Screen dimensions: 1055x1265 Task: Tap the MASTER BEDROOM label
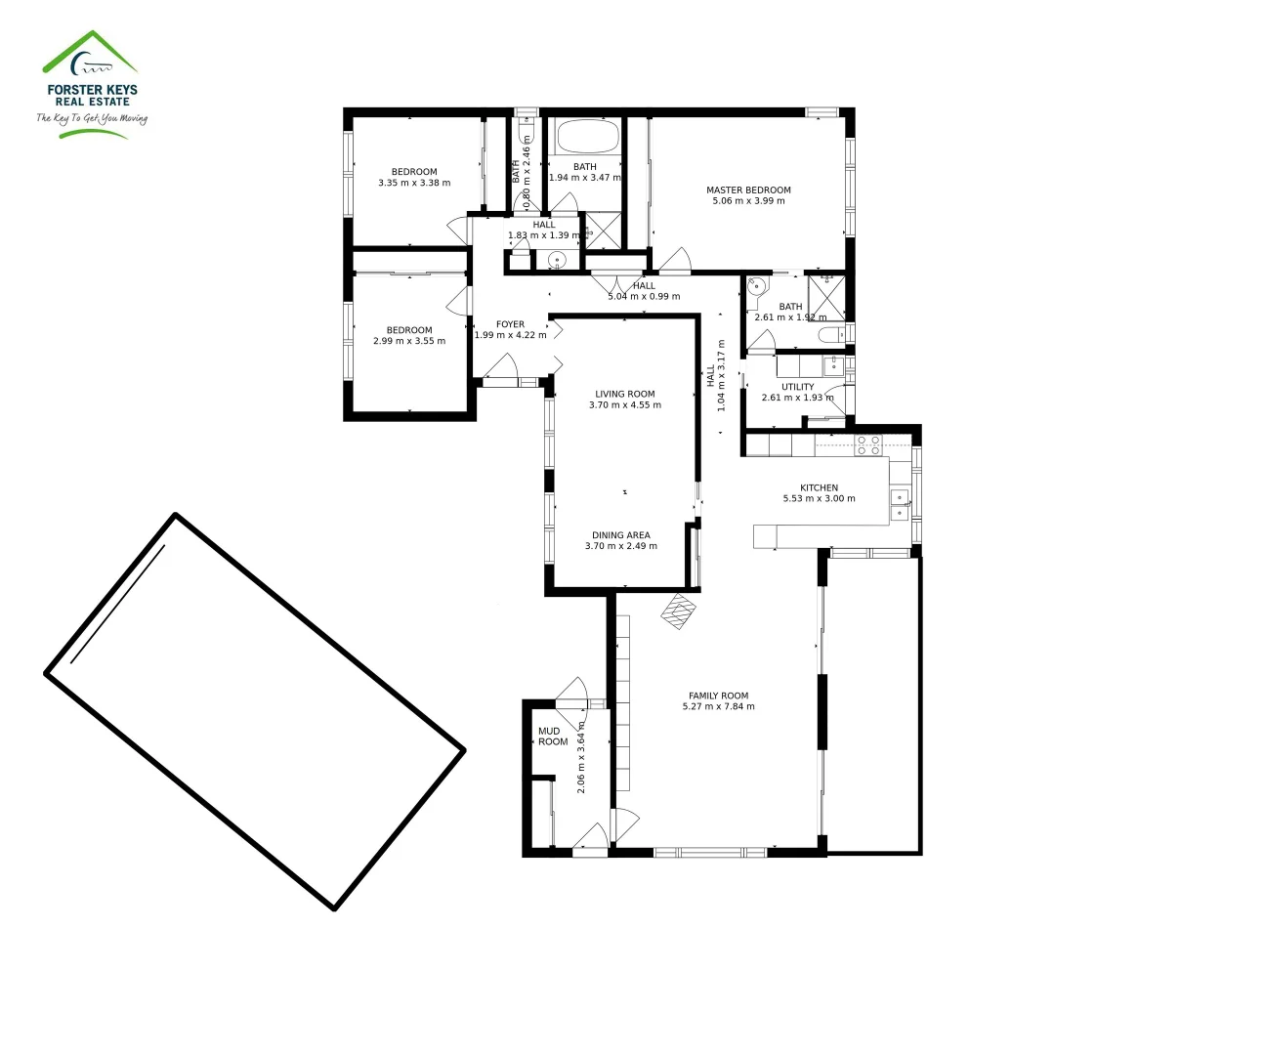[748, 190]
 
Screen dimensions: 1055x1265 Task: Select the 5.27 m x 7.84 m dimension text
[718, 707]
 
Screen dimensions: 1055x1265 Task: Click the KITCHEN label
[819, 487]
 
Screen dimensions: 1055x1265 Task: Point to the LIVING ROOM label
[624, 395]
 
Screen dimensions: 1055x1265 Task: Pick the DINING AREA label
[620, 535]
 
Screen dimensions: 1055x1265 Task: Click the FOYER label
[510, 324]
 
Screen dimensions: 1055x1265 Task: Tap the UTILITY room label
[797, 387]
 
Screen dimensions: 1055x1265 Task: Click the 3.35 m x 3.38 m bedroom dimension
[414, 183]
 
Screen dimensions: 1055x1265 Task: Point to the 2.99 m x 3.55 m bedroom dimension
[408, 342]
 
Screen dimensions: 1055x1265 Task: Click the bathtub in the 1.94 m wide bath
[586, 137]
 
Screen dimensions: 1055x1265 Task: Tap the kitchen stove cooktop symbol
[868, 445]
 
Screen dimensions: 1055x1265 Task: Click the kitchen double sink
[900, 505]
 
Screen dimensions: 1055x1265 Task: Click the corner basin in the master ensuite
[755, 287]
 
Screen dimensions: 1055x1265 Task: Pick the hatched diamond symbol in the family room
[680, 612]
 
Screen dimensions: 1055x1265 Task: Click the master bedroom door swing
[674, 261]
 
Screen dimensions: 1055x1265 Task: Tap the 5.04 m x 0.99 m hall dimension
[644, 297]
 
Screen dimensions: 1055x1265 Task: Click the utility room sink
[833, 366]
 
